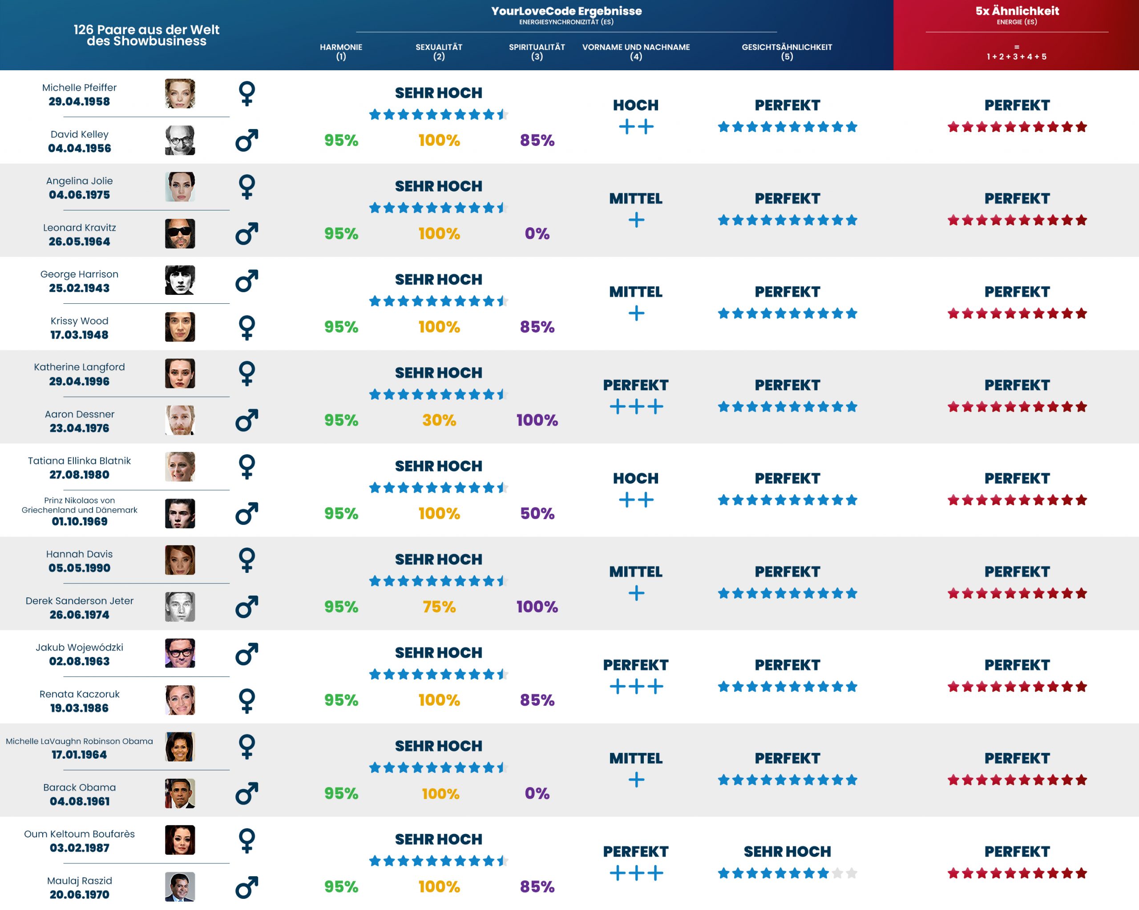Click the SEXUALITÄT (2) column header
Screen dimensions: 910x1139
click(439, 51)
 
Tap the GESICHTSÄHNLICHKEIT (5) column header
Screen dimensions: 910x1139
click(786, 51)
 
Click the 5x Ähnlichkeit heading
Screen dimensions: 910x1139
click(1017, 11)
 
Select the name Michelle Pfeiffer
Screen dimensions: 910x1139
click(79, 88)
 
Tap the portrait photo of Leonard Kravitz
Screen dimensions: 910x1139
click(180, 234)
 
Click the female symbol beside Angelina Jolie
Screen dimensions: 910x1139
click(247, 187)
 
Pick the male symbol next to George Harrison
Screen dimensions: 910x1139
click(247, 281)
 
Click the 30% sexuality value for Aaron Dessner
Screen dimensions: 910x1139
click(439, 420)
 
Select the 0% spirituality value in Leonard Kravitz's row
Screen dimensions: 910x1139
click(537, 234)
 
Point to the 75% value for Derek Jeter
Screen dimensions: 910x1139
click(439, 606)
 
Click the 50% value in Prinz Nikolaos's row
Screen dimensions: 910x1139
click(537, 513)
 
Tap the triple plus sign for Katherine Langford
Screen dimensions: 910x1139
click(635, 407)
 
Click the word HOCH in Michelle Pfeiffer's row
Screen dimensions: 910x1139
click(635, 105)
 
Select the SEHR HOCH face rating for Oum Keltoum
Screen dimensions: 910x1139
click(787, 851)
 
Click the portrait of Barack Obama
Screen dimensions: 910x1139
click(180, 793)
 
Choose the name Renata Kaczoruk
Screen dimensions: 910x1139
click(79, 694)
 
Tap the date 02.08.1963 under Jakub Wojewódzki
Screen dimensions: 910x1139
click(79, 661)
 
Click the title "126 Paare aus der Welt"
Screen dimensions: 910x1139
click(146, 29)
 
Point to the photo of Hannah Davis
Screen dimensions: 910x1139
click(180, 560)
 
